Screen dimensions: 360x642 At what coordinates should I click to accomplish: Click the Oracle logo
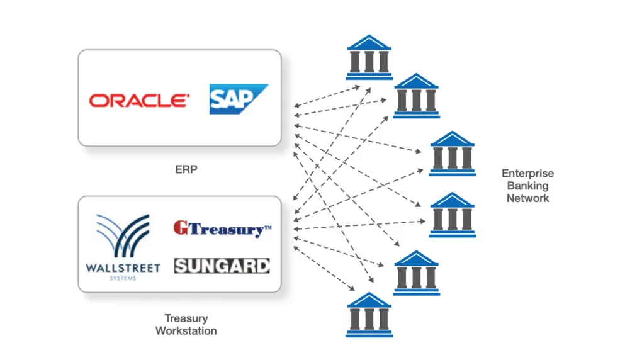(139, 100)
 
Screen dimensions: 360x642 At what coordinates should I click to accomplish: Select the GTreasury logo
(222, 228)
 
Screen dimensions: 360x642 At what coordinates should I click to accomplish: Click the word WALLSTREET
(123, 267)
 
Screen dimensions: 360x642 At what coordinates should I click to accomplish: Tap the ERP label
(186, 169)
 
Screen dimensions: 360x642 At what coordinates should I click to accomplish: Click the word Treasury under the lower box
(186, 318)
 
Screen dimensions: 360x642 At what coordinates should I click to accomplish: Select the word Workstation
(186, 330)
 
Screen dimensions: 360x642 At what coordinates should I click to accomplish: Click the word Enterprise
(528, 173)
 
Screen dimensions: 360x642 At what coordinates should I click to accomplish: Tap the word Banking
(528, 186)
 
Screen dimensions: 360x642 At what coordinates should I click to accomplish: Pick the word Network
(528, 198)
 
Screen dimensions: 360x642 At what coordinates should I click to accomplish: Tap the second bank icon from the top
(416, 96)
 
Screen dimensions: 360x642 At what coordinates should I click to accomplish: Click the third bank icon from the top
(452, 153)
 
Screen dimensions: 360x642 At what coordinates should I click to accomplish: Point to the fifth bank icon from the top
(416, 273)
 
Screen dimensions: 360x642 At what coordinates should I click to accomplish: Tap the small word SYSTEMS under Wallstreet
(123, 278)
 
